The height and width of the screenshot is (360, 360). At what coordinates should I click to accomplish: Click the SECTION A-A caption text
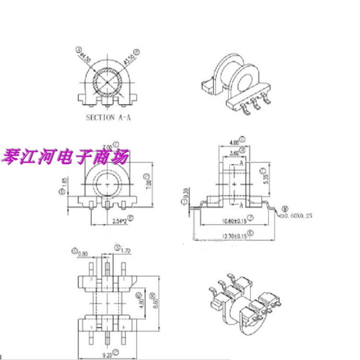(x=108, y=117)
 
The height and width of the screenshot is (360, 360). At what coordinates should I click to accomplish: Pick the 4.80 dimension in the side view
(x=235, y=143)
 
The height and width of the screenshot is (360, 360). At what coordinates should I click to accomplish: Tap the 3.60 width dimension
(x=234, y=153)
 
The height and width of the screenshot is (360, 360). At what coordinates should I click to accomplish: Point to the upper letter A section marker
(x=241, y=164)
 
